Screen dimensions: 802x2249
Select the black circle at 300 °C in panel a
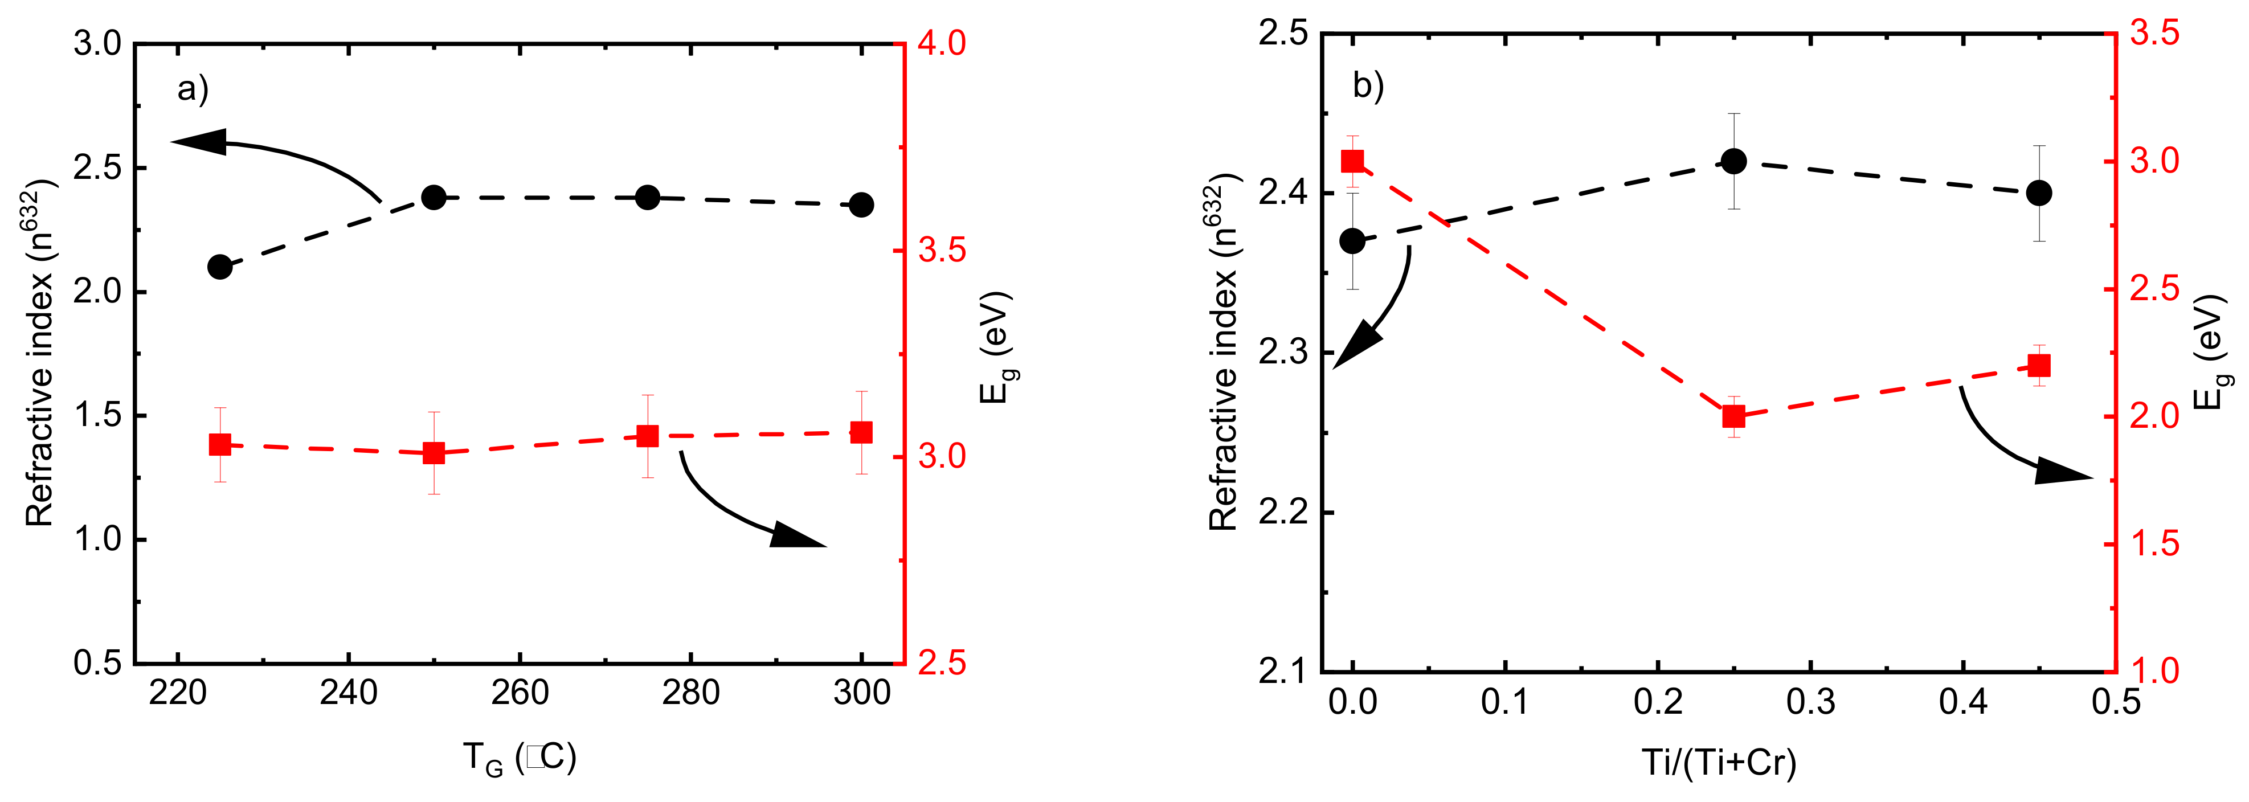tap(862, 205)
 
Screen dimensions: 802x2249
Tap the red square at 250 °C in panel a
tap(434, 453)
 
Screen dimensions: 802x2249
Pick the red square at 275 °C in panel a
tap(647, 436)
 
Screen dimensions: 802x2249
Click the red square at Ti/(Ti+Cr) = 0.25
tap(1734, 417)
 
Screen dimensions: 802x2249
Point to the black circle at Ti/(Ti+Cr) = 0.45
tap(2039, 193)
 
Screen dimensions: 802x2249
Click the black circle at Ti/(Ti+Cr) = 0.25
tap(1734, 161)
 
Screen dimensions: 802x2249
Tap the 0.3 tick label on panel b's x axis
tap(1811, 702)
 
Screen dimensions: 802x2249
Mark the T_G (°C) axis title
tap(520, 758)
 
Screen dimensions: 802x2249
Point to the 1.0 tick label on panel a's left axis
tap(99, 539)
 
